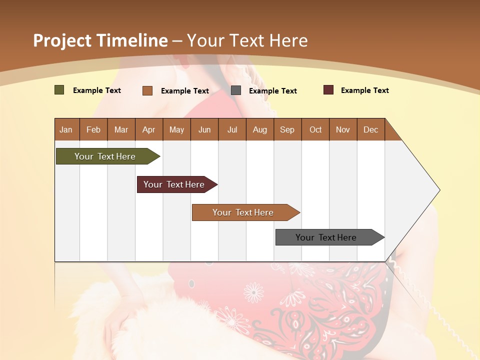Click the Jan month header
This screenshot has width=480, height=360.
click(66, 129)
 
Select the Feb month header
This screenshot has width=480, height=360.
click(93, 129)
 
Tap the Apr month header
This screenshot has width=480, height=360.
click(148, 129)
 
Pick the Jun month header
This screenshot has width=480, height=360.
click(204, 129)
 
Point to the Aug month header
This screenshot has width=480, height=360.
click(259, 129)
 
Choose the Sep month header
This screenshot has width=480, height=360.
click(287, 129)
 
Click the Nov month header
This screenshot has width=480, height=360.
click(342, 129)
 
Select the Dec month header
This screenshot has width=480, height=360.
click(370, 129)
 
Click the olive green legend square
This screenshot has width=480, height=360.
click(59, 90)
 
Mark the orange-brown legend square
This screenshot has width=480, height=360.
click(147, 90)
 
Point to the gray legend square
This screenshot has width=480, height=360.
click(236, 90)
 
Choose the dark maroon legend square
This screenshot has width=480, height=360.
click(328, 90)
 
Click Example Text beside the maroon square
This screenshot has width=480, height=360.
click(364, 90)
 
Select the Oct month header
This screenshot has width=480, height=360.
click(315, 129)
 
